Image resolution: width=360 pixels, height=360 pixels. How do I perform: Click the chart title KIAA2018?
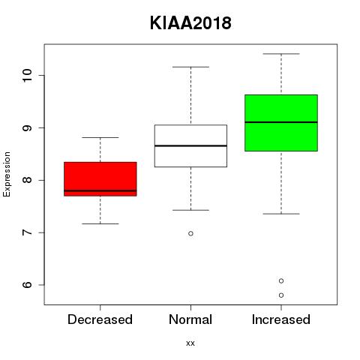[190, 23]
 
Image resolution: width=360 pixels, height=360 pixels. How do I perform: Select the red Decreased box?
[100, 179]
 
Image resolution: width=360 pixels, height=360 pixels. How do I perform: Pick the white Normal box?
[190, 145]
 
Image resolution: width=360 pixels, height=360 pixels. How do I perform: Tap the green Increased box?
[281, 123]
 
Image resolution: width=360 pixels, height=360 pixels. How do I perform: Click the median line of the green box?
[281, 122]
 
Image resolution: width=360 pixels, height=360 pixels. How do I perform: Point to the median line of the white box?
[190, 145]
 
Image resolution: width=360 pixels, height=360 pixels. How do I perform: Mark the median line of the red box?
[100, 190]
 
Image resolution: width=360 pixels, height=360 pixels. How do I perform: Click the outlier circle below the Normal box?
[190, 233]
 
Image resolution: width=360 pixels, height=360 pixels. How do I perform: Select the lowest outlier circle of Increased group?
[281, 295]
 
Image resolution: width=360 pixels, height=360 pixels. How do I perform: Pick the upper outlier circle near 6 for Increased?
[281, 281]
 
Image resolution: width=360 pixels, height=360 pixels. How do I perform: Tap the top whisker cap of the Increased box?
[281, 54]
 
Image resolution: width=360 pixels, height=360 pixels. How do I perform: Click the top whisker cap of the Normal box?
[190, 67]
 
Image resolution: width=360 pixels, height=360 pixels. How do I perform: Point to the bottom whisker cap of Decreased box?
[100, 223]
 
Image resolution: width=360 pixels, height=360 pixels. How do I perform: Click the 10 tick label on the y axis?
[27, 75]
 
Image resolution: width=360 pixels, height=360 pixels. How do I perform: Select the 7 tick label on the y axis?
[27, 232]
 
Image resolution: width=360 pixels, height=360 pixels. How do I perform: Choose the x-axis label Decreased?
[100, 319]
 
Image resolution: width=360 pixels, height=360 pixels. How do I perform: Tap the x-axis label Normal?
[190, 319]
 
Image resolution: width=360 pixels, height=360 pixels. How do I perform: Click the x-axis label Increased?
[281, 319]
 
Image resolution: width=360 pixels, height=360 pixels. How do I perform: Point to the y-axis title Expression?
[7, 174]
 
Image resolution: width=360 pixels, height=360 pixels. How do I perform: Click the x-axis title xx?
[190, 343]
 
